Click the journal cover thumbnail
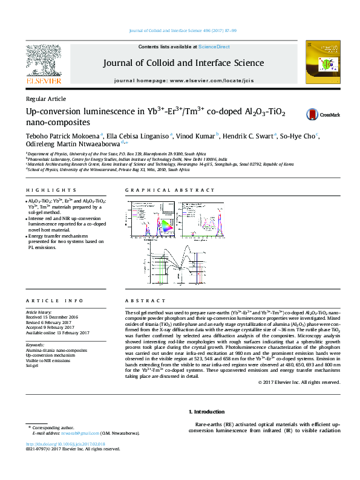[x=320, y=63]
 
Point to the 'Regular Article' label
[x=46, y=99]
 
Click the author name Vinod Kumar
[x=198, y=136]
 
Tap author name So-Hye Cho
[x=298, y=136]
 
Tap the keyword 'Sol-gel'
[x=31, y=366]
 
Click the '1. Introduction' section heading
[x=208, y=411]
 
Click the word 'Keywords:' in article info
[x=35, y=345]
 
